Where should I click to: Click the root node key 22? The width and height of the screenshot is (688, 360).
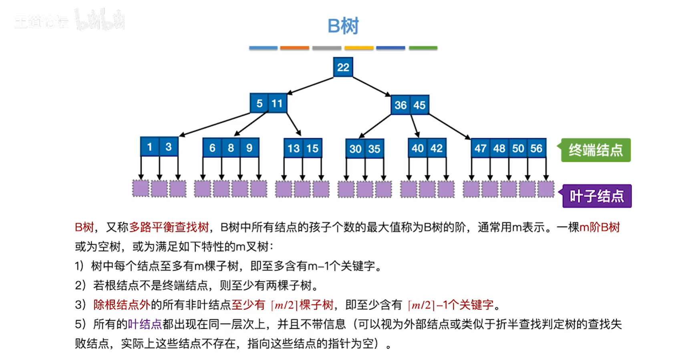pyautogui.click(x=343, y=67)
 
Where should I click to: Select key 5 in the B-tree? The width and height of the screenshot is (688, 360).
pyautogui.click(x=259, y=104)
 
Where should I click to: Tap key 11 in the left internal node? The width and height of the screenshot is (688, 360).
pyautogui.click(x=277, y=104)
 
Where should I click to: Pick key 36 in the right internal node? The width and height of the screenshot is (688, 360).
pyautogui.click(x=400, y=105)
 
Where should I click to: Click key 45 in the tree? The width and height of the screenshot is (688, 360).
pyautogui.click(x=419, y=105)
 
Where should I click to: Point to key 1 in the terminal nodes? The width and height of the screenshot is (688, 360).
pyautogui.click(x=149, y=147)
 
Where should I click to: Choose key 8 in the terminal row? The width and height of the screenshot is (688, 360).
pyautogui.click(x=231, y=148)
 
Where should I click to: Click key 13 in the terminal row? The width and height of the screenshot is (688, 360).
pyautogui.click(x=293, y=149)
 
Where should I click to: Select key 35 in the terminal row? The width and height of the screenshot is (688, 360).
pyautogui.click(x=374, y=149)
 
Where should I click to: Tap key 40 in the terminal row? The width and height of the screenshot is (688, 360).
pyautogui.click(x=417, y=148)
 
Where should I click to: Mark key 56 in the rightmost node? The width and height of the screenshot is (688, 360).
pyautogui.click(x=536, y=149)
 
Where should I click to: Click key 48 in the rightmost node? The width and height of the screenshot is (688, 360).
pyautogui.click(x=499, y=149)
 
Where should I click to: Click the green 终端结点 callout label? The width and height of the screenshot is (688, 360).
pyautogui.click(x=595, y=150)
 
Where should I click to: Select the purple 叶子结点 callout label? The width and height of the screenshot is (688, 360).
pyautogui.click(x=597, y=196)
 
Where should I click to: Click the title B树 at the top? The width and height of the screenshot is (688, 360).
pyautogui.click(x=343, y=26)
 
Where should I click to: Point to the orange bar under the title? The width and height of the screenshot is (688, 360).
pyautogui.click(x=294, y=48)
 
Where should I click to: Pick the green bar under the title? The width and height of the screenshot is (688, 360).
pyautogui.click(x=423, y=48)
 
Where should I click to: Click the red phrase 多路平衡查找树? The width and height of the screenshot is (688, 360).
pyautogui.click(x=169, y=227)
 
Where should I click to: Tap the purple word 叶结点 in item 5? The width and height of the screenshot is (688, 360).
pyautogui.click(x=145, y=324)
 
